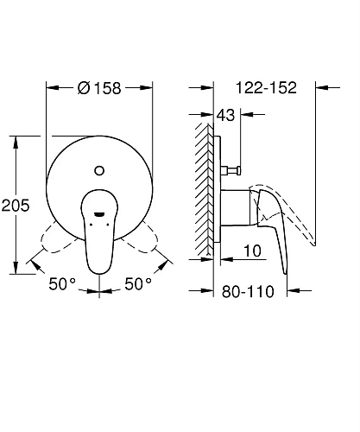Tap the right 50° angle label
coord(139,283)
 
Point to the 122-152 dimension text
coord(265,87)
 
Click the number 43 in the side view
coord(227,114)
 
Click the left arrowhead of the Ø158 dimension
coord(49,87)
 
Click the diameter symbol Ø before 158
coord(84,87)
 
